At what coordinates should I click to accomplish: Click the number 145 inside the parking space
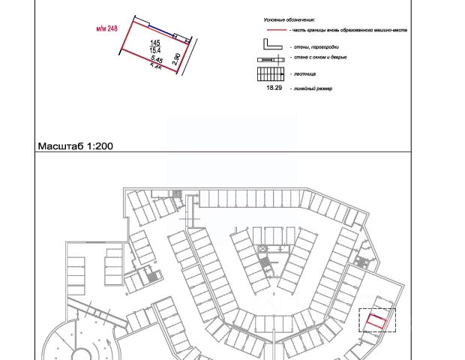pyautogui.click(x=155, y=43)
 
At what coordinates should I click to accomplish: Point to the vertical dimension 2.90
pyautogui.click(x=176, y=58)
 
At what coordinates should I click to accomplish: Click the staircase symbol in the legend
pyautogui.click(x=272, y=74)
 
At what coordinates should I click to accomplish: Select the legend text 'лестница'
pyautogui.click(x=307, y=74)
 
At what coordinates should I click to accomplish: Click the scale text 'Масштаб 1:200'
pyautogui.click(x=75, y=146)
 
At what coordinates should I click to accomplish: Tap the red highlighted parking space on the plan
pyautogui.click(x=376, y=322)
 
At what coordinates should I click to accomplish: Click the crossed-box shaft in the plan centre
pyautogui.click(x=262, y=248)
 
